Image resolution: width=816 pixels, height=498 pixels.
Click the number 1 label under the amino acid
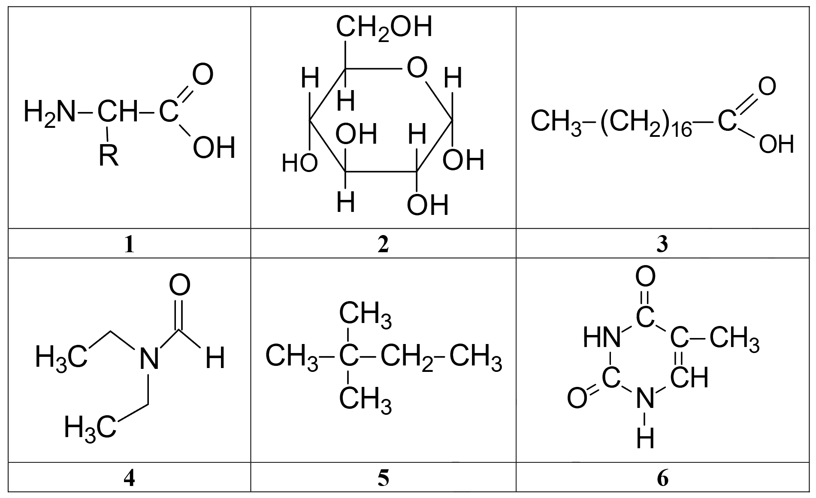pos(129,244)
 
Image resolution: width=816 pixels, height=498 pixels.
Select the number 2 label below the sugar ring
pos(383,244)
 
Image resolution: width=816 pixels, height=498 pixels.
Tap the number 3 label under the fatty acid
pos(662,244)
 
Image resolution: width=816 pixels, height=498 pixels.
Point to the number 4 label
pos(129,478)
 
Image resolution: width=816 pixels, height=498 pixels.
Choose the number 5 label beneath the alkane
pos(383,478)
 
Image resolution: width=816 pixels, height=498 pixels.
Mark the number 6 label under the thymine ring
pos(662,478)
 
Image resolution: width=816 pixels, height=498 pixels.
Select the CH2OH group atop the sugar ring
pos(384,28)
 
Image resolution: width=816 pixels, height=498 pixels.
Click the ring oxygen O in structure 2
pos(417,68)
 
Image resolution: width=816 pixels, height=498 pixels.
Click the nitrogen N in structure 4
pos(149,359)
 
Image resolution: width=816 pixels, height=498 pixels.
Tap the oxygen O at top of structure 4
pos(179,285)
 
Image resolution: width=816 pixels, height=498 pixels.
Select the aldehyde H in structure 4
pos(215,358)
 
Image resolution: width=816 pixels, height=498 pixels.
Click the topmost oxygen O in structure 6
pos(645,276)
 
